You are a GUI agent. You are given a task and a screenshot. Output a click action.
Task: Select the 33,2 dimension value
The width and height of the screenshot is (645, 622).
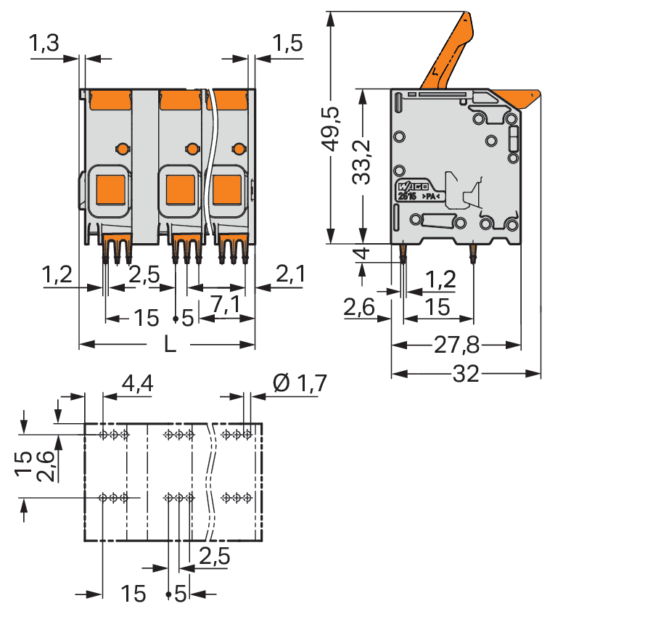(x=365, y=161)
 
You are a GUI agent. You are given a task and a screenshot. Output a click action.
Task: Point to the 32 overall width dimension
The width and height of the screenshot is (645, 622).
(x=465, y=375)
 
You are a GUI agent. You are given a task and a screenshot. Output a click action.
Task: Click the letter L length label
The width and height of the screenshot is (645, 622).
(x=169, y=344)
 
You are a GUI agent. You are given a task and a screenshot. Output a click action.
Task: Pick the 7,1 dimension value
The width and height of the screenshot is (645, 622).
(x=225, y=306)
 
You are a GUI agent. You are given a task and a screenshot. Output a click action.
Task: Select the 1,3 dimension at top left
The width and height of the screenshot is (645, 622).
(x=44, y=45)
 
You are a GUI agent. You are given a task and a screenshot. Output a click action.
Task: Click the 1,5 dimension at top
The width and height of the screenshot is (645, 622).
(x=287, y=45)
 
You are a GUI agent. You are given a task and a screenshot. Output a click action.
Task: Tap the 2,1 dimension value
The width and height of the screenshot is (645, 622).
(x=289, y=275)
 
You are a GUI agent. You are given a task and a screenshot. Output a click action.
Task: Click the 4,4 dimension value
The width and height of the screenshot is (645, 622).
(x=137, y=383)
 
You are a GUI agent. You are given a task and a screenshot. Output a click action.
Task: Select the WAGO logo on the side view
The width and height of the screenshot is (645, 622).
(x=414, y=185)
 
